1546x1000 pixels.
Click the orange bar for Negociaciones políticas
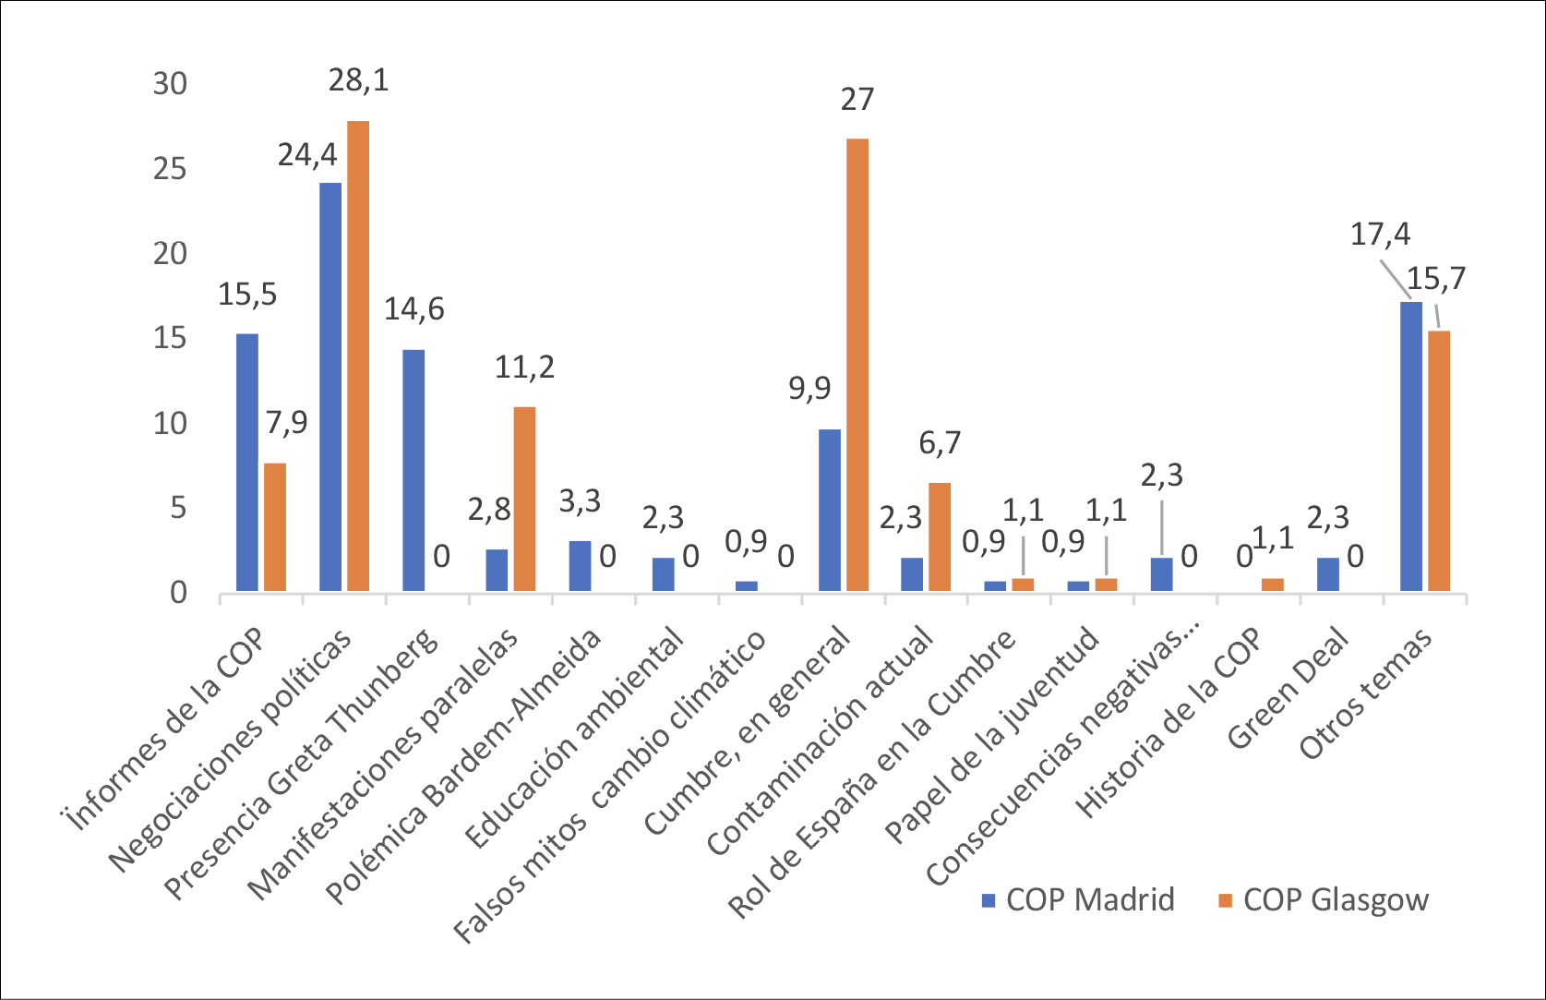click(358, 355)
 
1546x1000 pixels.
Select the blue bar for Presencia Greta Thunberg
click(413, 470)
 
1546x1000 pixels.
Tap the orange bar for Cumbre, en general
click(857, 365)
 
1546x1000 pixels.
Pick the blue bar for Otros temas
click(1411, 446)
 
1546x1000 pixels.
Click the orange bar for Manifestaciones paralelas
click(524, 499)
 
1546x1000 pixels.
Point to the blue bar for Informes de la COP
click(247, 462)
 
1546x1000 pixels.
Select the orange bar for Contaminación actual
click(940, 536)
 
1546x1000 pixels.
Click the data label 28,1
click(359, 80)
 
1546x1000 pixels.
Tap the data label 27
click(857, 99)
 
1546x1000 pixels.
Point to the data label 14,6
click(413, 308)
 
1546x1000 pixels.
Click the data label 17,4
click(1380, 235)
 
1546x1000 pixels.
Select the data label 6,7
click(940, 443)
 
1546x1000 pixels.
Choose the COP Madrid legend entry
click(1078, 899)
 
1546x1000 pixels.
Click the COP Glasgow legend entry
click(1324, 899)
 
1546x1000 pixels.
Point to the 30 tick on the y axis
click(170, 84)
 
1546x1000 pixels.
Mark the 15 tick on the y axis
click(170, 339)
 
